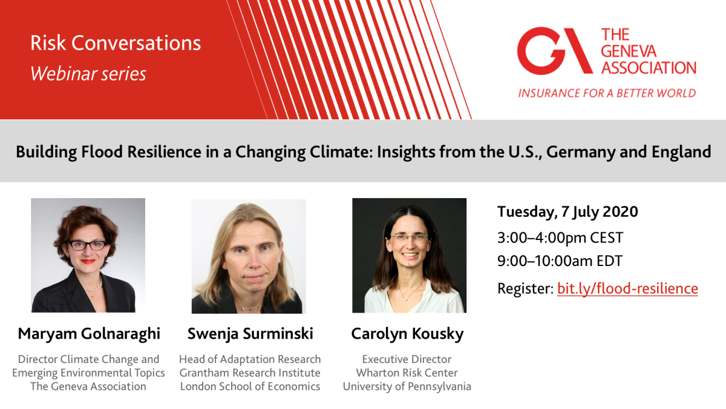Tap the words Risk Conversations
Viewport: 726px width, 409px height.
click(116, 43)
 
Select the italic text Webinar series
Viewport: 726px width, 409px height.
click(88, 74)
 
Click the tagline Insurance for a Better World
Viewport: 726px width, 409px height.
click(607, 93)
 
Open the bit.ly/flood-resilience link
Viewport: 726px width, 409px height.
click(627, 288)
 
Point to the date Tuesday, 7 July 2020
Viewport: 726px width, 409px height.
click(567, 212)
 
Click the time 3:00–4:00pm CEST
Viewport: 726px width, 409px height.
click(560, 238)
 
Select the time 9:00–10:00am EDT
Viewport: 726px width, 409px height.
click(560, 261)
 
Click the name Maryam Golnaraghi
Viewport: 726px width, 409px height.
click(89, 334)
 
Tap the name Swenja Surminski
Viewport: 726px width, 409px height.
click(250, 334)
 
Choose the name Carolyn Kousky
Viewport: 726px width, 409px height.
click(407, 334)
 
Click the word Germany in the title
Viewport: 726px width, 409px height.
click(581, 152)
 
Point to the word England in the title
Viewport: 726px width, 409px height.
click(682, 152)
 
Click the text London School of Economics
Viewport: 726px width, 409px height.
click(250, 387)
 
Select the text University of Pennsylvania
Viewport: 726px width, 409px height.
click(407, 387)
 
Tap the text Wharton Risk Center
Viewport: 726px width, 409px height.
click(407, 373)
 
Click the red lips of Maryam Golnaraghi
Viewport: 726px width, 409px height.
click(88, 262)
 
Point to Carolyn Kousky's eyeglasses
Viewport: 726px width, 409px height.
click(409, 238)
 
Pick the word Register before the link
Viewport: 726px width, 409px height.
click(525, 288)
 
